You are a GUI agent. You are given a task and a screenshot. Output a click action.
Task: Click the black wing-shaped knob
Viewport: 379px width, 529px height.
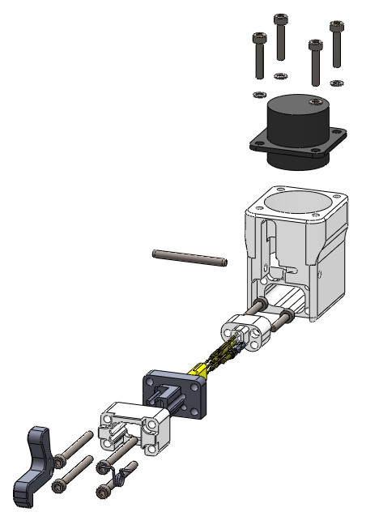coord(33,463)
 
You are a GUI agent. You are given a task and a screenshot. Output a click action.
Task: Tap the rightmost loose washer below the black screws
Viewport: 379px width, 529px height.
coord(337,81)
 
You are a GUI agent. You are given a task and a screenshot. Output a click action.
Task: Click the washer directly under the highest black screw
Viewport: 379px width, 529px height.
coord(280,76)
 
